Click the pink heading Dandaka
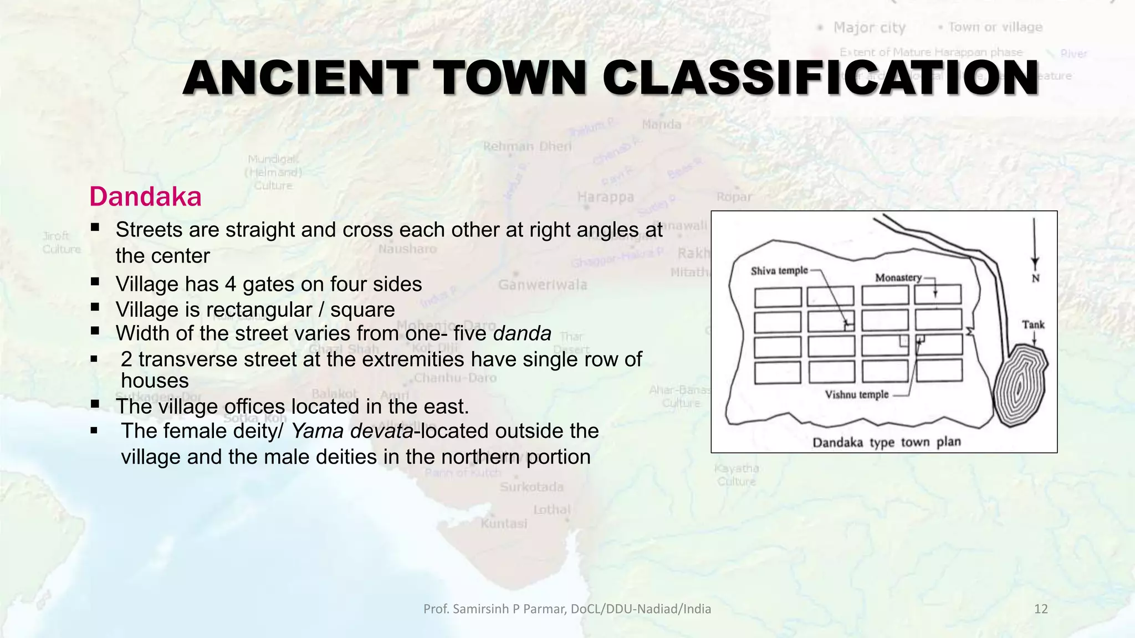(145, 197)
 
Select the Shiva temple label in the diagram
(779, 271)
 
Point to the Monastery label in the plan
(898, 277)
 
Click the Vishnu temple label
(856, 395)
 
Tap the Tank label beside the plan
(1033, 325)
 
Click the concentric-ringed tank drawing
(1019, 385)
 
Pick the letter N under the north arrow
(1035, 279)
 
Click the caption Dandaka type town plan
(886, 443)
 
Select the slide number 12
(1041, 609)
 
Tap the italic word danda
(522, 334)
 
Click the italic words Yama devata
(352, 431)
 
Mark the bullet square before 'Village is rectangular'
(95, 307)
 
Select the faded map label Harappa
(605, 197)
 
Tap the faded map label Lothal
(551, 510)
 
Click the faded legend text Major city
(869, 28)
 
